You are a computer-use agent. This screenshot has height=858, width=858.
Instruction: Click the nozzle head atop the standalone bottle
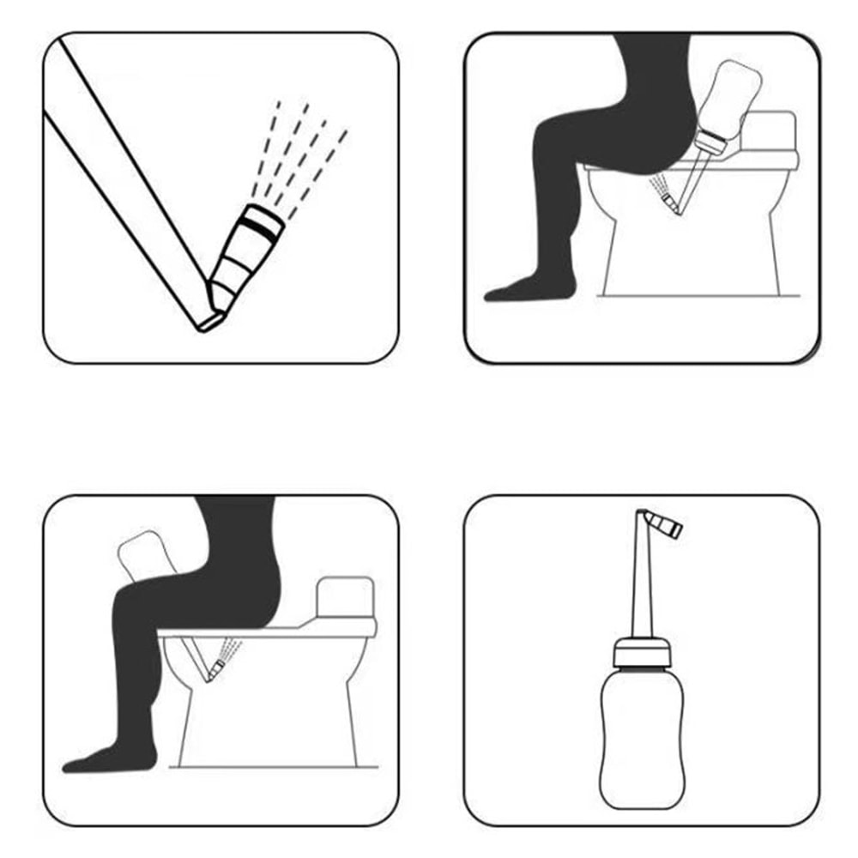[x=665, y=523]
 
